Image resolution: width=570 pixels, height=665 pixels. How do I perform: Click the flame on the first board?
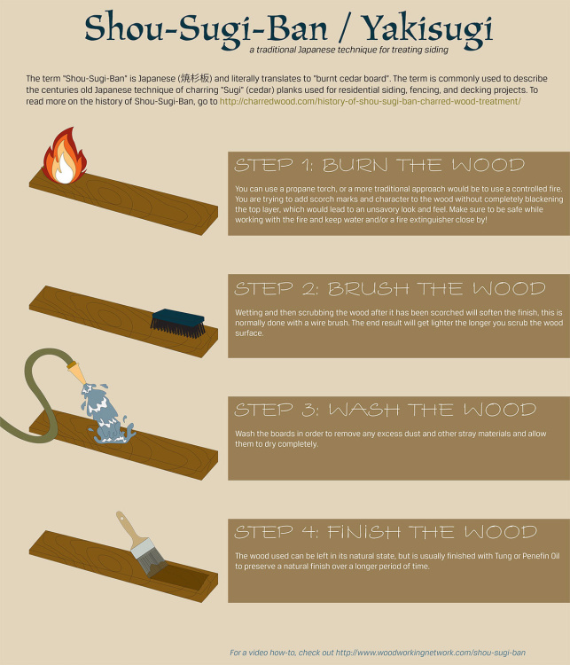[x=65, y=157]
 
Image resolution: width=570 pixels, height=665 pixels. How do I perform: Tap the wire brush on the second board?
[x=177, y=323]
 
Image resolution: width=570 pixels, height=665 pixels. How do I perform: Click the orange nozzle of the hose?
[x=77, y=372]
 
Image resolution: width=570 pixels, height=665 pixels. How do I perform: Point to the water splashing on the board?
[x=107, y=414]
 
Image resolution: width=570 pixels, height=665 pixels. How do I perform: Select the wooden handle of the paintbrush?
[x=130, y=528]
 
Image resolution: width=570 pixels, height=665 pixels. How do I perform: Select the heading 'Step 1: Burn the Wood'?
[x=379, y=165]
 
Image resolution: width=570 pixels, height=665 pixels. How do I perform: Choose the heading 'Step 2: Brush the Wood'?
[x=390, y=289]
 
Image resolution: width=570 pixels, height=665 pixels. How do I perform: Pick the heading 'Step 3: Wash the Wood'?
[x=385, y=410]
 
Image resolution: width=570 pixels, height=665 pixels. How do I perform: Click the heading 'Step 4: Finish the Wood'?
[x=386, y=532]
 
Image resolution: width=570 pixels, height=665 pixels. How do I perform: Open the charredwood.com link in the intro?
[x=370, y=101]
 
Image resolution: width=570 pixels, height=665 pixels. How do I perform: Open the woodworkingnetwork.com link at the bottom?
[x=431, y=653]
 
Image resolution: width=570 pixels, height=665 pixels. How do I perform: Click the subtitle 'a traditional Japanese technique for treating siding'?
[x=348, y=50]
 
